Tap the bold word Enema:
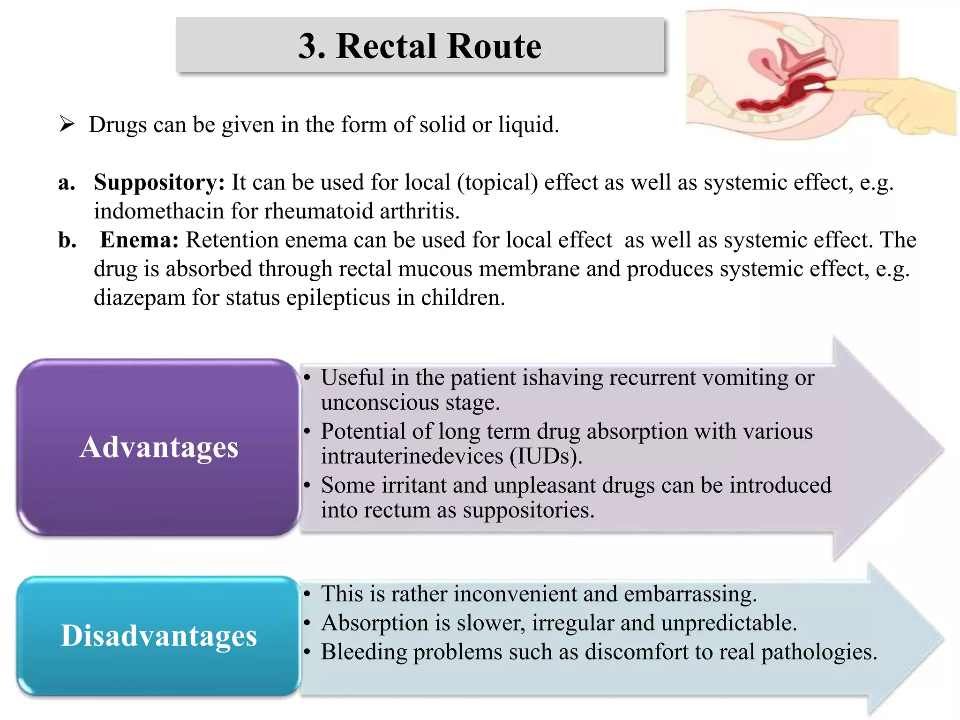pos(139,240)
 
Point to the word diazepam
pos(140,298)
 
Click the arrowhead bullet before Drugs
pos(67,125)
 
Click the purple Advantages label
pos(159,447)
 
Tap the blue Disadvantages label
pos(159,636)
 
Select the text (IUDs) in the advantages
pos(546,456)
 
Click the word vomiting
pos(745,378)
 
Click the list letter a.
pos(67,183)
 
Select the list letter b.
pos(67,240)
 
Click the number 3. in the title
pos(312,46)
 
